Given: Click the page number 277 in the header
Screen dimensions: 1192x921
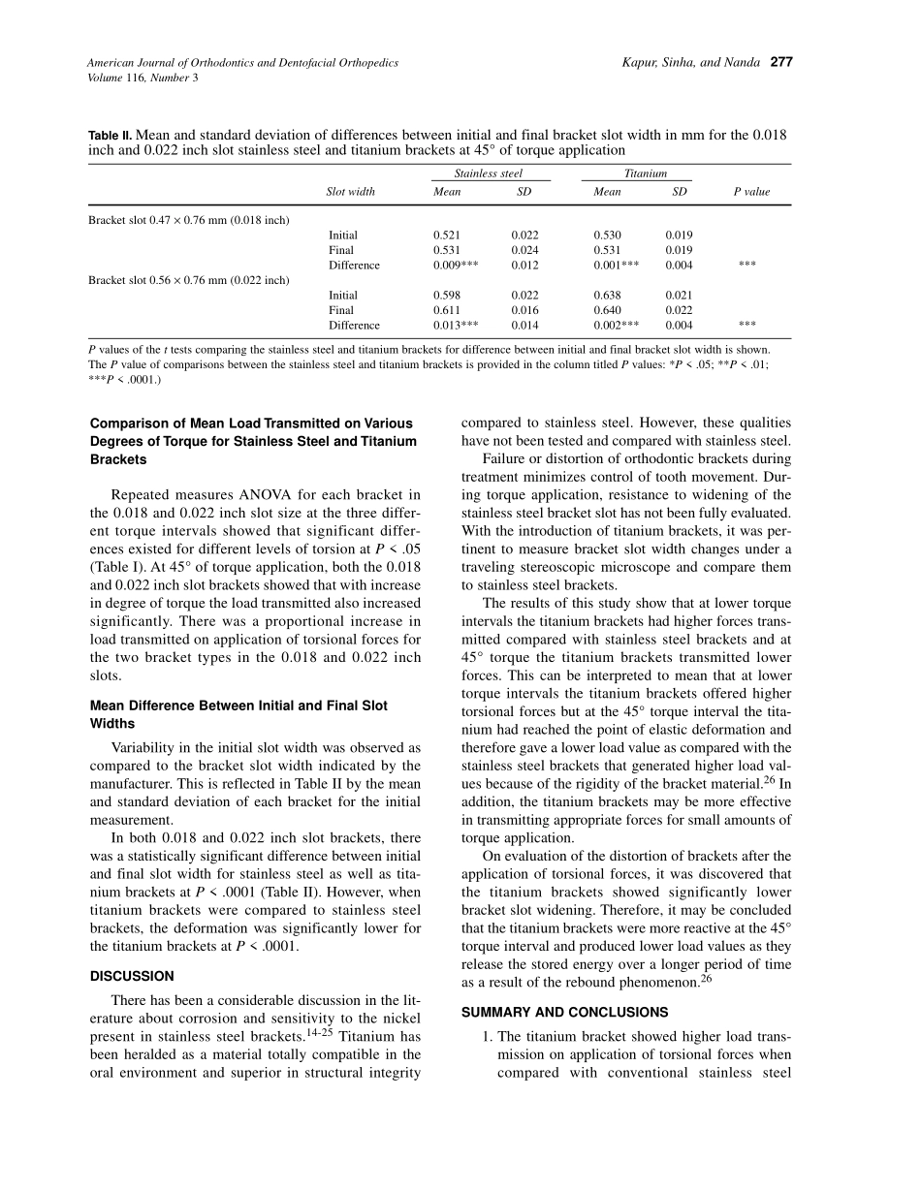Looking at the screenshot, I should [x=781, y=63].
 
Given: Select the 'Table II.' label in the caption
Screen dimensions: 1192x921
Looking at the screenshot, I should [x=110, y=136].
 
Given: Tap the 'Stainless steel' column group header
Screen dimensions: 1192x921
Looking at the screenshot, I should [x=488, y=173].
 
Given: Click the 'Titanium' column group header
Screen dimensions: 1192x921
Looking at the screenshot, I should [x=646, y=173].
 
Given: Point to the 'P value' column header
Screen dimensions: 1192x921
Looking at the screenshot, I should [x=751, y=192].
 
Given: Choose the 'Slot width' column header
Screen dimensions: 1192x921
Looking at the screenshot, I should [x=350, y=192].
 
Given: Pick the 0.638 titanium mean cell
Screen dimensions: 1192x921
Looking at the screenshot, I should [x=607, y=296].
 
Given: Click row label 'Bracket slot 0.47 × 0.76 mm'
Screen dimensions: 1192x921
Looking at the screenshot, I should [x=189, y=220].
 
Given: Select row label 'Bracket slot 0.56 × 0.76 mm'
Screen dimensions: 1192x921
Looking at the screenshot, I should [x=189, y=280].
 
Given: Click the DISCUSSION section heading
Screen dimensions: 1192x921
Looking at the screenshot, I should [x=132, y=976].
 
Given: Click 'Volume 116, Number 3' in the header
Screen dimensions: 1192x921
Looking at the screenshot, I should [x=143, y=78].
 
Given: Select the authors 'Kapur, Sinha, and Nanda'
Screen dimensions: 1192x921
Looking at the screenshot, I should [x=691, y=63].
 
